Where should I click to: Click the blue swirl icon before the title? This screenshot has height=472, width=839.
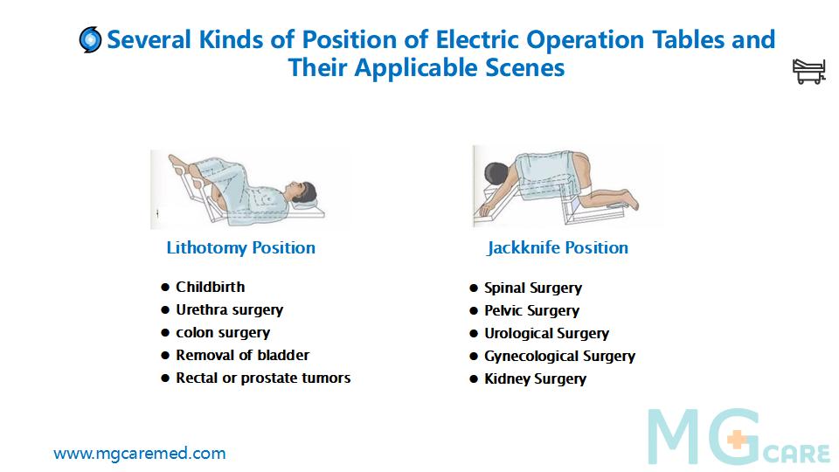pos(90,39)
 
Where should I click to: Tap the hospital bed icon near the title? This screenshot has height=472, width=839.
pos(808,71)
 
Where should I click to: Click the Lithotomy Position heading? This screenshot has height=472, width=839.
pos(241,247)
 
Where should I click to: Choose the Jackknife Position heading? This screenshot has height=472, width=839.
pos(557,247)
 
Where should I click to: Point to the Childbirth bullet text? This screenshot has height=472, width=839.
pos(211,287)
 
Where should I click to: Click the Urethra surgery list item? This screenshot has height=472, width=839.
pos(230,309)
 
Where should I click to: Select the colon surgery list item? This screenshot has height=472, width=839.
pos(223,333)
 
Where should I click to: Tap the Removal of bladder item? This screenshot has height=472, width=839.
pos(242,355)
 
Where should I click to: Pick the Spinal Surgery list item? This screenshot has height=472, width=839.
pos(533,288)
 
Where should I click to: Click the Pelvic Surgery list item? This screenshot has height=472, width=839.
pos(532,311)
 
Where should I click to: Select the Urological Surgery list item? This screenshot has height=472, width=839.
pos(546,333)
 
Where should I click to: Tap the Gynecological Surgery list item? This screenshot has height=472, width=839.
pos(559,356)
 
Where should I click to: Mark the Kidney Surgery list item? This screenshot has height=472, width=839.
pos(535,378)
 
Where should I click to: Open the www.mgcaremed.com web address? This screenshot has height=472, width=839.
pos(140,454)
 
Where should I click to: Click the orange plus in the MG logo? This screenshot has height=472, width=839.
pos(737,440)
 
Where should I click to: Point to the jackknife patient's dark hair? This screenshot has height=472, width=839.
pos(495,174)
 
